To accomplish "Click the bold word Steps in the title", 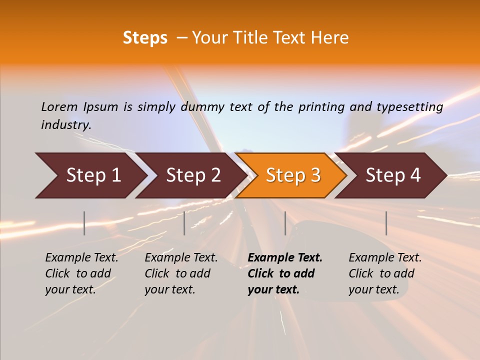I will [x=145, y=38].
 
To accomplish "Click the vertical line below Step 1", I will [x=84, y=223].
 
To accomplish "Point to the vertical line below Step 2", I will [x=184, y=223].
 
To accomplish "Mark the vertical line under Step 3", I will [x=285, y=223].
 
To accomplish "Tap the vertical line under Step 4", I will [x=386, y=223].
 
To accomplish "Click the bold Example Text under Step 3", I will [x=285, y=258].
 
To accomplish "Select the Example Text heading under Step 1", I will [x=81, y=258].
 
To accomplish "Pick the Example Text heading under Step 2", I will [x=181, y=258].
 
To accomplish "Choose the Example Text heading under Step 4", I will [x=385, y=258].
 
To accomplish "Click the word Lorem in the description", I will [x=59, y=106].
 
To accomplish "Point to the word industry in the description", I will [x=66, y=124].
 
